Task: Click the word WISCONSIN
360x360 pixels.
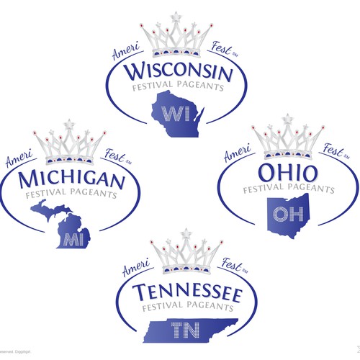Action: (179, 73)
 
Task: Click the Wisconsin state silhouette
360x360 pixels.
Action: (178, 112)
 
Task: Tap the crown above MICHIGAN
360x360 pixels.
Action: (71, 145)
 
